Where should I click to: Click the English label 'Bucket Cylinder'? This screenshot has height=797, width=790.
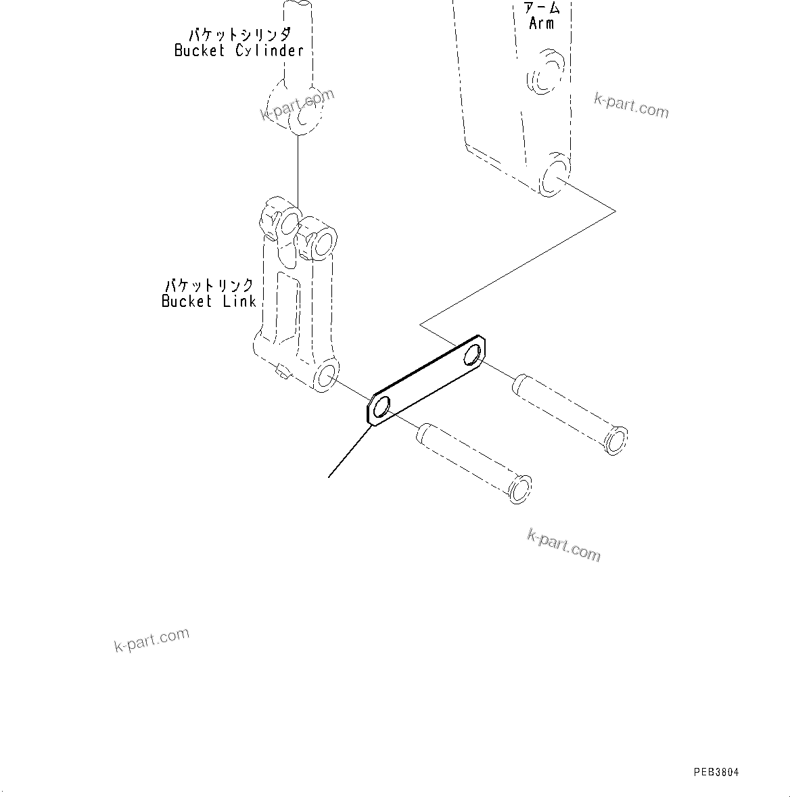tap(239, 51)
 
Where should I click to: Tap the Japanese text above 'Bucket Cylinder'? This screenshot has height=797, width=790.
tap(240, 34)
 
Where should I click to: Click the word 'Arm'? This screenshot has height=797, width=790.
tap(542, 23)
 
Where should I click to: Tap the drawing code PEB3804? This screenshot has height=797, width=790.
tap(716, 772)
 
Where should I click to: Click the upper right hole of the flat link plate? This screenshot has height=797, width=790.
tap(475, 353)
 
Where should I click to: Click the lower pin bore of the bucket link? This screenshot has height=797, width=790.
tap(327, 376)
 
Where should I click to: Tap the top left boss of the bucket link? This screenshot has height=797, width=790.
tap(277, 218)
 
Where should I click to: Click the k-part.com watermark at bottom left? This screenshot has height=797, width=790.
tap(152, 640)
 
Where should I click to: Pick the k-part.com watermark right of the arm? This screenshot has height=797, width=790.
tap(631, 105)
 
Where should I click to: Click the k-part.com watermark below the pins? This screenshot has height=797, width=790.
tap(563, 546)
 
